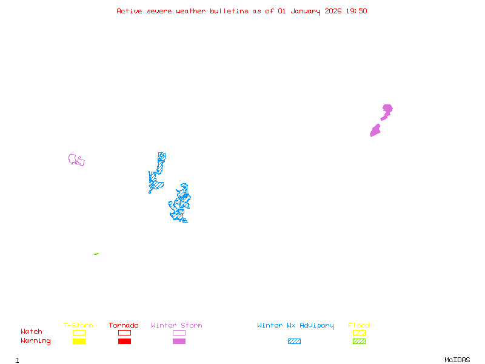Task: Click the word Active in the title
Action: [129, 11]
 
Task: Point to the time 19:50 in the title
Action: [356, 11]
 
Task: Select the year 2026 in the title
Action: [333, 11]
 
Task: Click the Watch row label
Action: [32, 332]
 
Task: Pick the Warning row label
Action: [35, 341]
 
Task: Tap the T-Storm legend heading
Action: [78, 326]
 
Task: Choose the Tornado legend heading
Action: [124, 326]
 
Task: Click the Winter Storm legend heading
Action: [176, 326]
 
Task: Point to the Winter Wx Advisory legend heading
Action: [295, 326]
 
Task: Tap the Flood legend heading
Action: [359, 326]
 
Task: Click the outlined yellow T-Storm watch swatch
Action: [79, 332]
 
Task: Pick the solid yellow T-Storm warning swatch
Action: [79, 342]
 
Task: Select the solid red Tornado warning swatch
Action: [124, 342]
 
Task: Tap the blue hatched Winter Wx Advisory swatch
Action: [294, 342]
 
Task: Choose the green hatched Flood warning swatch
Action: [359, 342]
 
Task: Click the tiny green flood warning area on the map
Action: [96, 254]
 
